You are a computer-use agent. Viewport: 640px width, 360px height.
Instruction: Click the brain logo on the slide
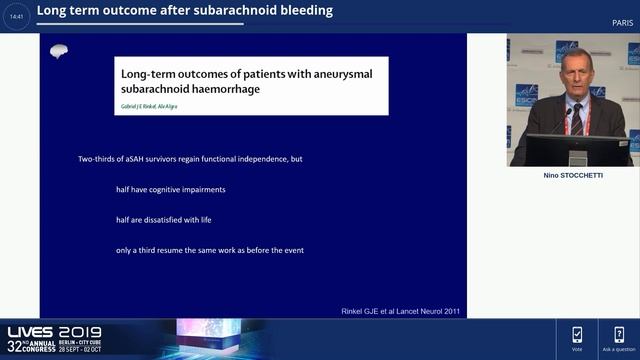[59, 52]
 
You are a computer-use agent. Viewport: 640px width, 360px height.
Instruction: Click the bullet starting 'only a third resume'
[209, 250]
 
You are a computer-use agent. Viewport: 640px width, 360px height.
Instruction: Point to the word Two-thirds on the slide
[99, 160]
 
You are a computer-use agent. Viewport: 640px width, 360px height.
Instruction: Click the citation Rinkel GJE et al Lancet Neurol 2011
[401, 312]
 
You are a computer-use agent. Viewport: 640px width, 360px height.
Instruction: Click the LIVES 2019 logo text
[46, 333]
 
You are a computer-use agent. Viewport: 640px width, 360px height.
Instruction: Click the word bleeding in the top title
[301, 11]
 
